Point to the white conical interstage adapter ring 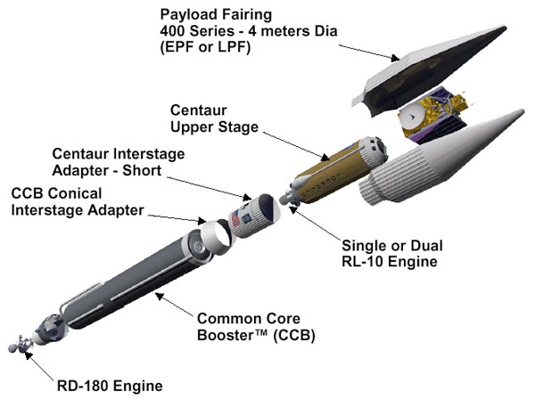(211, 235)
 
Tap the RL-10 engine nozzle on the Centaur (287, 200)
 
